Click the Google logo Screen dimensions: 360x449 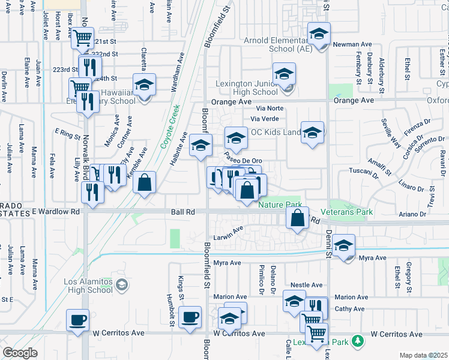[20, 353]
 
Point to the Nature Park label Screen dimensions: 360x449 [279, 205]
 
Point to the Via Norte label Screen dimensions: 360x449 [269, 109]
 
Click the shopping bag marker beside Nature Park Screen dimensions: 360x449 [298, 217]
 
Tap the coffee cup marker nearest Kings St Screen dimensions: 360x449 [191, 317]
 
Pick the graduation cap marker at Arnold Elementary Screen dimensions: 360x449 [319, 34]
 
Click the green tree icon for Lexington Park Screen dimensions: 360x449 [358, 341]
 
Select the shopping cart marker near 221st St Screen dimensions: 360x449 [82, 38]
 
